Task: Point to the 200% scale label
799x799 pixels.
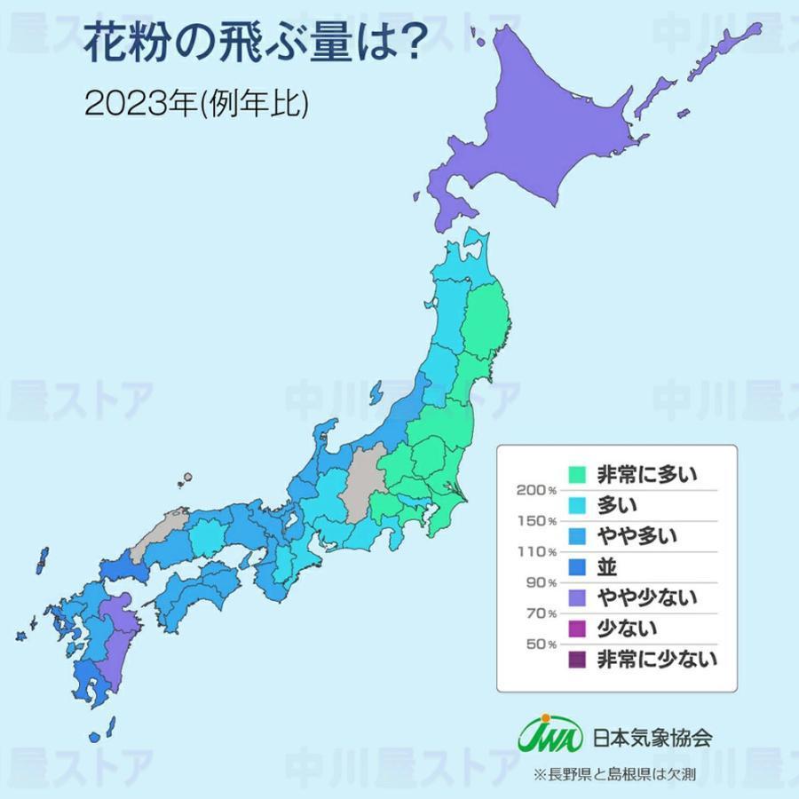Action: (535, 490)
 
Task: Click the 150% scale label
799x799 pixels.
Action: (535, 520)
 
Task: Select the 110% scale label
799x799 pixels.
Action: (535, 551)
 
